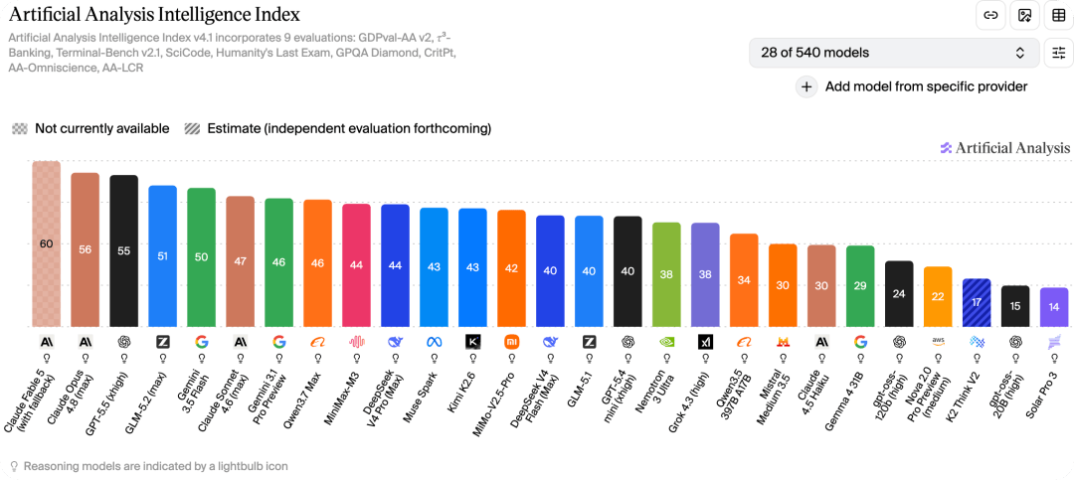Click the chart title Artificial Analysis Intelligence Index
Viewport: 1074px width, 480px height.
tap(154, 14)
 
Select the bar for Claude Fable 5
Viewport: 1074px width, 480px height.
tap(47, 243)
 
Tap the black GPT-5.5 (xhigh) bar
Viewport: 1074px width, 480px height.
tap(124, 251)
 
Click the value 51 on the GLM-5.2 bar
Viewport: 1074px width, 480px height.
tap(162, 255)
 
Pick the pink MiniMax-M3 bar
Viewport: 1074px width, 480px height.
tap(356, 265)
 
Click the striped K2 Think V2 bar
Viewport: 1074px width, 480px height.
tap(977, 303)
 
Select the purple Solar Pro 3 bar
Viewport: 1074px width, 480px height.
tap(1053, 307)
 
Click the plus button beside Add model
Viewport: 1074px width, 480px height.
tap(806, 87)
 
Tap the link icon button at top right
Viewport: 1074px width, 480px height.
tap(990, 15)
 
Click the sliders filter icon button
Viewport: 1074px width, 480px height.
tap(1059, 53)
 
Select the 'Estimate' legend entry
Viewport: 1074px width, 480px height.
tap(338, 128)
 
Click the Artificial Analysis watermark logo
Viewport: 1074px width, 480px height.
tap(1004, 148)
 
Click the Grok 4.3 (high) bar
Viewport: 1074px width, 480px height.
tap(705, 275)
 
